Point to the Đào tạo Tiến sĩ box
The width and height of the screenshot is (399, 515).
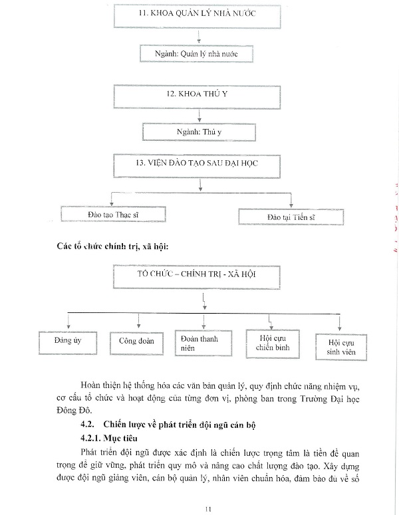click(291, 217)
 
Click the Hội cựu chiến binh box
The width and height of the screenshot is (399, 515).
click(271, 343)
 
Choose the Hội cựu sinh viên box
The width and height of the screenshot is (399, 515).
click(340, 346)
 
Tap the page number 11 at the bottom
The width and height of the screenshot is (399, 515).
click(207, 508)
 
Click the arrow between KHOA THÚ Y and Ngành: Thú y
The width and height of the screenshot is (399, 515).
click(198, 116)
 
